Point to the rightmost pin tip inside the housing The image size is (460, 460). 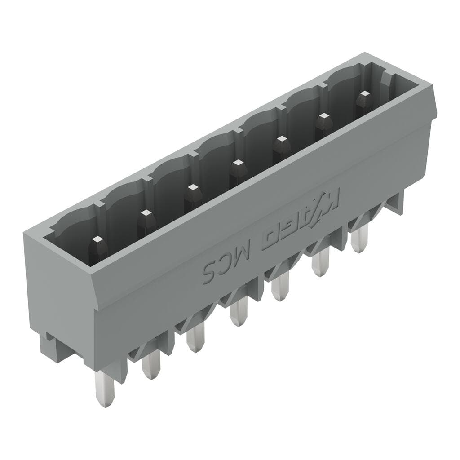click(x=363, y=95)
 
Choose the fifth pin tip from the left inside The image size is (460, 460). click(x=281, y=141)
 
